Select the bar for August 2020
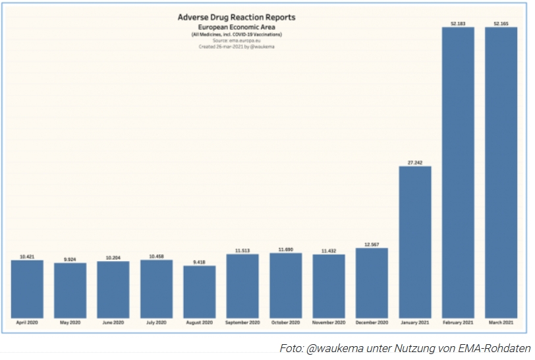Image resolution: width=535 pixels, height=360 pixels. [199, 291]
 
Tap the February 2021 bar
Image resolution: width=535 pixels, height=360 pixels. [458, 171]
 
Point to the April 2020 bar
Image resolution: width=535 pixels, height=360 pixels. [27, 288]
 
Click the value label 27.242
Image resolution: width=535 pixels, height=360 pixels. [415, 162]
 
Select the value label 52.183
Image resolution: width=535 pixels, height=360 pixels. [458, 23]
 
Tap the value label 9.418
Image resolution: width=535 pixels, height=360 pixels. [199, 262]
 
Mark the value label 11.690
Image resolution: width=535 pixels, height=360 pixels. [285, 249]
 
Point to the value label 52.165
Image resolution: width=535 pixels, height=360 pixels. [501, 23]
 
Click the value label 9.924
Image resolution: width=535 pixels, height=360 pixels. [70, 259]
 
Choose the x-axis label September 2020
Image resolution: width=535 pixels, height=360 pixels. [242, 322]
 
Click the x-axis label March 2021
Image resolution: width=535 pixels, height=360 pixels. [501, 322]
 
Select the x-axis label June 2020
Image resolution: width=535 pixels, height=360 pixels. [113, 322]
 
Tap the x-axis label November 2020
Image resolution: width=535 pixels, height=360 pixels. [328, 322]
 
